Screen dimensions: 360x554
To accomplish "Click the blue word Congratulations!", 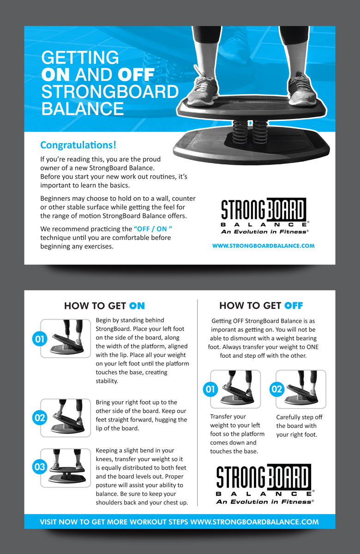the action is pyautogui.click(x=78, y=145).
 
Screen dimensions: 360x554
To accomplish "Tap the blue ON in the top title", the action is pyautogui.click(x=55, y=75).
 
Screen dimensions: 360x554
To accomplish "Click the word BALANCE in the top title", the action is pyautogui.click(x=82, y=109).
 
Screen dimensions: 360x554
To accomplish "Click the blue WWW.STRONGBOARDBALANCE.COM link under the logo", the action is pyautogui.click(x=264, y=246).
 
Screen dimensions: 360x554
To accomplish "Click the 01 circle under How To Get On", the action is pyautogui.click(x=40, y=339).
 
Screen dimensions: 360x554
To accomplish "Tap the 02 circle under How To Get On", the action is pyautogui.click(x=40, y=418).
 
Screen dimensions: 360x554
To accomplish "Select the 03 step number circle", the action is pyautogui.click(x=40, y=467).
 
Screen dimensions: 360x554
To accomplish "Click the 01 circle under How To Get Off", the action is pyautogui.click(x=210, y=389).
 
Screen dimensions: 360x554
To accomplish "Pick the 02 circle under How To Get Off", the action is pyautogui.click(x=277, y=389).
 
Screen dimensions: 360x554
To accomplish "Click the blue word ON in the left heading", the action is pyautogui.click(x=137, y=306).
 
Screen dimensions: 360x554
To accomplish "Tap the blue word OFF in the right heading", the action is pyautogui.click(x=294, y=306).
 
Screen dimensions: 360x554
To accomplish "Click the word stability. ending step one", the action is pyautogui.click(x=107, y=381).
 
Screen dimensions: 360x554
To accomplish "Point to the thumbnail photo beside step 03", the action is pyautogui.click(x=66, y=468).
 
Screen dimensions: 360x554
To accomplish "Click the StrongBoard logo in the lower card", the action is pyautogui.click(x=265, y=484).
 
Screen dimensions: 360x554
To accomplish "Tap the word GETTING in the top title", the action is pyautogui.click(x=80, y=57).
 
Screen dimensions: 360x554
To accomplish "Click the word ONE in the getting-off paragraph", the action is pyautogui.click(x=312, y=347).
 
